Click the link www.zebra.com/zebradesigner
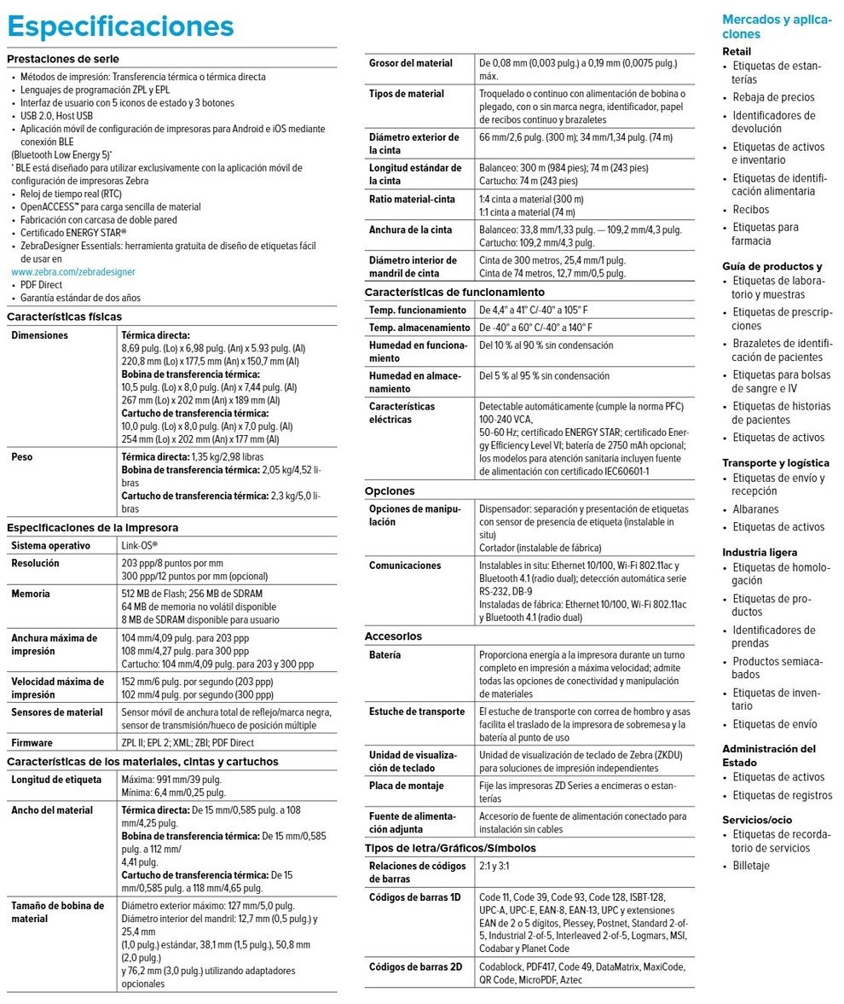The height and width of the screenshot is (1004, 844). tap(72, 271)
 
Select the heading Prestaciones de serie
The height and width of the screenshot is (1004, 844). tap(62, 59)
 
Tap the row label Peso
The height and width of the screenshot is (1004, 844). tap(22, 457)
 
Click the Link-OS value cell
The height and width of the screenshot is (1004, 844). tap(140, 544)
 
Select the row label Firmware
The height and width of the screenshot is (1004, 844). tap(32, 742)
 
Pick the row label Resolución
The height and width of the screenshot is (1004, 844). tap(35, 564)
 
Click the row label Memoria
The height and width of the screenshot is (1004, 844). tap(31, 594)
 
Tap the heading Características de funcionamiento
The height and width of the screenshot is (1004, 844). tap(444, 292)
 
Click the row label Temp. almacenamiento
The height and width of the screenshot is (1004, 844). tap(419, 328)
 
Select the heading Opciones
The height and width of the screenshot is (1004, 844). tap(390, 491)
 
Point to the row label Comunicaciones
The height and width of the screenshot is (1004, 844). tap(405, 565)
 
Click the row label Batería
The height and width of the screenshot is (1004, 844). tap(385, 655)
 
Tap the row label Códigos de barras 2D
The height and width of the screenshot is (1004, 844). tap(415, 966)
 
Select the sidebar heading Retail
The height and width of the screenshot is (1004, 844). tap(737, 52)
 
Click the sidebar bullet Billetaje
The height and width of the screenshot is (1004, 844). tap(751, 865)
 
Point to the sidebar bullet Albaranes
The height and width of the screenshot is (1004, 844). tap(755, 508)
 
